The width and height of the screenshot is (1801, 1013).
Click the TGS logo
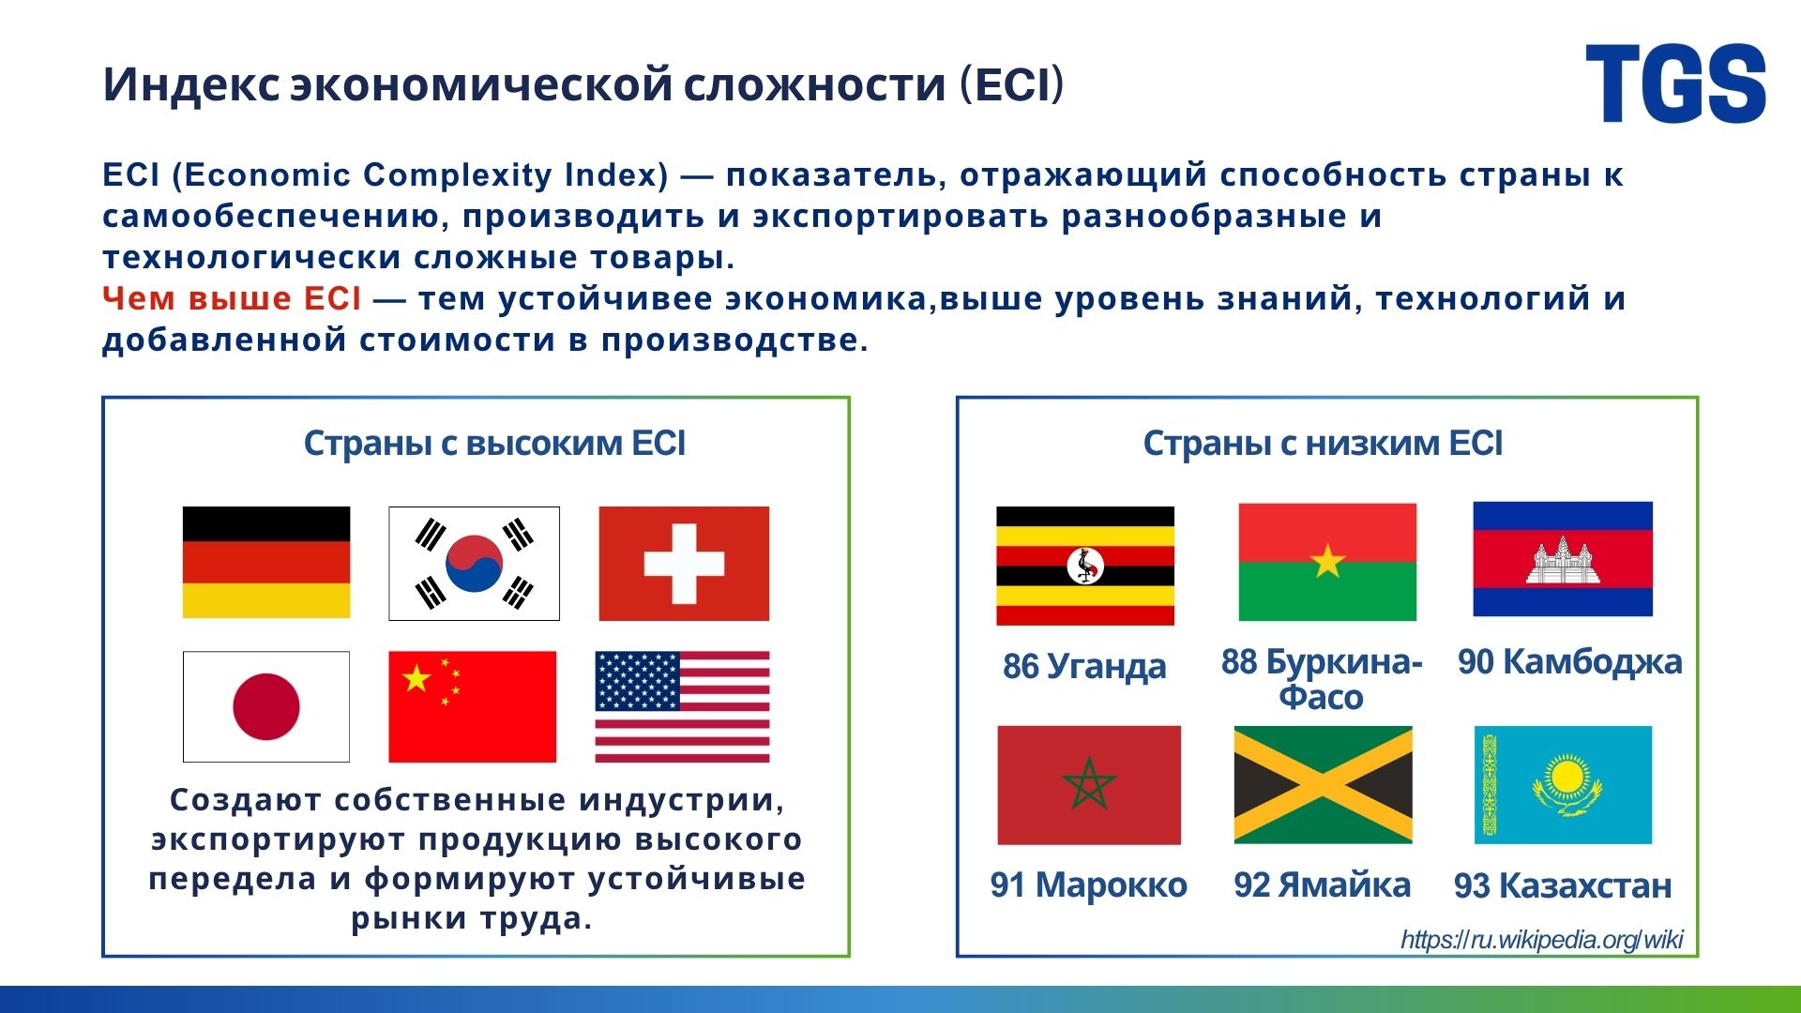1675,83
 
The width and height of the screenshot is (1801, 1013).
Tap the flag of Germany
266,563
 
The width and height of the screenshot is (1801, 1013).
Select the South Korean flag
474,564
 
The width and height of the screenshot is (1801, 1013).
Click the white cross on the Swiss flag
684,564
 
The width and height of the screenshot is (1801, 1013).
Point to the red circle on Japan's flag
266,706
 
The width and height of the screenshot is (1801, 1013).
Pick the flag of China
472,706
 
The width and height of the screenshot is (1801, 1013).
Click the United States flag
682,706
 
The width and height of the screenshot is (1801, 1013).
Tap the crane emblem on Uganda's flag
1085,566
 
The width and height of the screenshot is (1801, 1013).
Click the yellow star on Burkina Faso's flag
1327,561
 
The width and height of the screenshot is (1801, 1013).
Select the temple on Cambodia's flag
1563,560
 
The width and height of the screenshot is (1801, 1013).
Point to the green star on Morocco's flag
1089,782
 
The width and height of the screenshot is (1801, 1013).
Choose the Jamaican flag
1323,784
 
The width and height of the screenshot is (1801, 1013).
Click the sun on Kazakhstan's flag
1564,778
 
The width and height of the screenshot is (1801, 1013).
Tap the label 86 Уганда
1084,667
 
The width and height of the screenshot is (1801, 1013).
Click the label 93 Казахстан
1563,885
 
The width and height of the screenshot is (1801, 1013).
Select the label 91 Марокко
1089,884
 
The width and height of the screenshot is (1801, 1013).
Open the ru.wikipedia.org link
1542,939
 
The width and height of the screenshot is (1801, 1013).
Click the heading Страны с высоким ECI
494,443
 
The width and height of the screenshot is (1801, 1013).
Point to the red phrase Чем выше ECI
232,298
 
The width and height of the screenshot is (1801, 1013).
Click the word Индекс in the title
191,83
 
